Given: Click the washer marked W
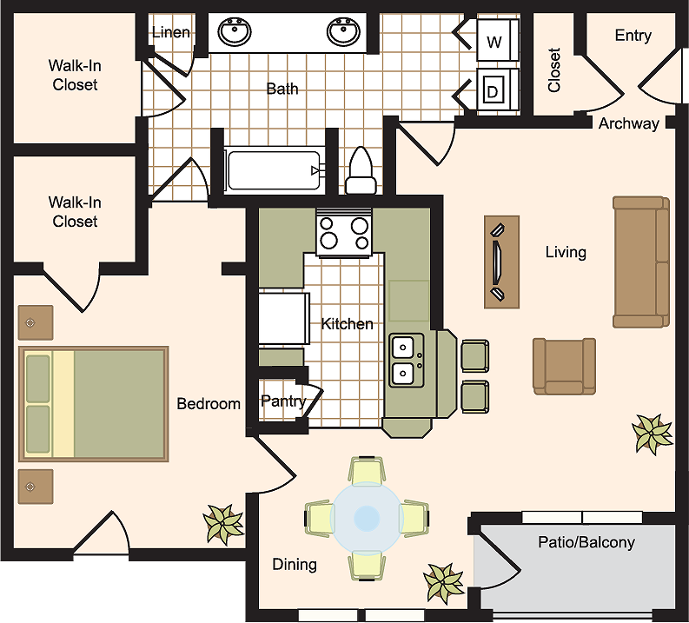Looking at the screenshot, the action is (497, 40).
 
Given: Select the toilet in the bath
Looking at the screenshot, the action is (361, 171).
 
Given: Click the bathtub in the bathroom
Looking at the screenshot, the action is (275, 170).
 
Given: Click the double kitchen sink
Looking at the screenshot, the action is (407, 361).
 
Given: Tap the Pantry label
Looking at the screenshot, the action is (283, 401).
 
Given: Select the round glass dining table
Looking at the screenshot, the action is (367, 518).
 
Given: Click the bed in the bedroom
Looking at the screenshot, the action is (94, 404).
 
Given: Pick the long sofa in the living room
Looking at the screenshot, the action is (641, 262).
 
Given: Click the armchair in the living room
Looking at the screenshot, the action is (564, 367).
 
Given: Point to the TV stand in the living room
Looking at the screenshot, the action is (502, 262).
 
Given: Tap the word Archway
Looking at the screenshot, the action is (629, 123).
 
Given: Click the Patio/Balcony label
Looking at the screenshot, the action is (586, 542).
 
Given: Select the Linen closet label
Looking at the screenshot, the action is (171, 32).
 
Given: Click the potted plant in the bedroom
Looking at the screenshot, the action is (223, 525).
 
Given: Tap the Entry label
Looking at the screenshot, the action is (633, 36).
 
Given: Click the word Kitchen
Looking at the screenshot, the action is (348, 324).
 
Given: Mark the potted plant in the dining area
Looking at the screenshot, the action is (444, 583).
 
